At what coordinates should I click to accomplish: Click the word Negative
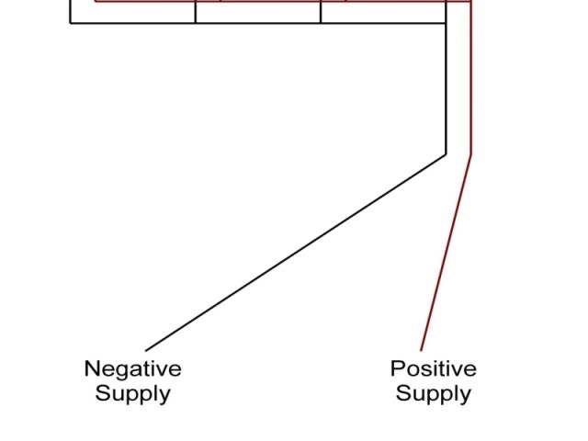[x=132, y=369]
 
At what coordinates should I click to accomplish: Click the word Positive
[x=433, y=369]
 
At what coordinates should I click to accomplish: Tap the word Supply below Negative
[x=132, y=394]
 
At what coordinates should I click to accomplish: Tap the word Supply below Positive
[x=433, y=394]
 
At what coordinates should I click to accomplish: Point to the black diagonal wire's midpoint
[x=296, y=253]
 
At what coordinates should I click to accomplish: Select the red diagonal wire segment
[x=447, y=253]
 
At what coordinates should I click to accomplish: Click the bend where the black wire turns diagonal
[x=446, y=154]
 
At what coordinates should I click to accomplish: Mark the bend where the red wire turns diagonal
[x=471, y=154]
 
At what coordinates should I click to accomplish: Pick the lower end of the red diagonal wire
[x=422, y=350]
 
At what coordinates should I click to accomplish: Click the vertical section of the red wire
[x=471, y=83]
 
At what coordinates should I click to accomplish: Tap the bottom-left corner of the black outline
[x=71, y=22]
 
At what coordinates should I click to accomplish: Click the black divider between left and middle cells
[x=196, y=11]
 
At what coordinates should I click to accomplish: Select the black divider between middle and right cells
[x=321, y=11]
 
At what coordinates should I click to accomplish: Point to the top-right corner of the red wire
[x=471, y=1]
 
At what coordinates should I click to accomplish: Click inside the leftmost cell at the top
[x=133, y=11]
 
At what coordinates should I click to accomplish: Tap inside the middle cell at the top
[x=258, y=11]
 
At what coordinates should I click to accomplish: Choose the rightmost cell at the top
[x=383, y=11]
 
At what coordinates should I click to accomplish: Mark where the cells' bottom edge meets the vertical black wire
[x=446, y=22]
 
